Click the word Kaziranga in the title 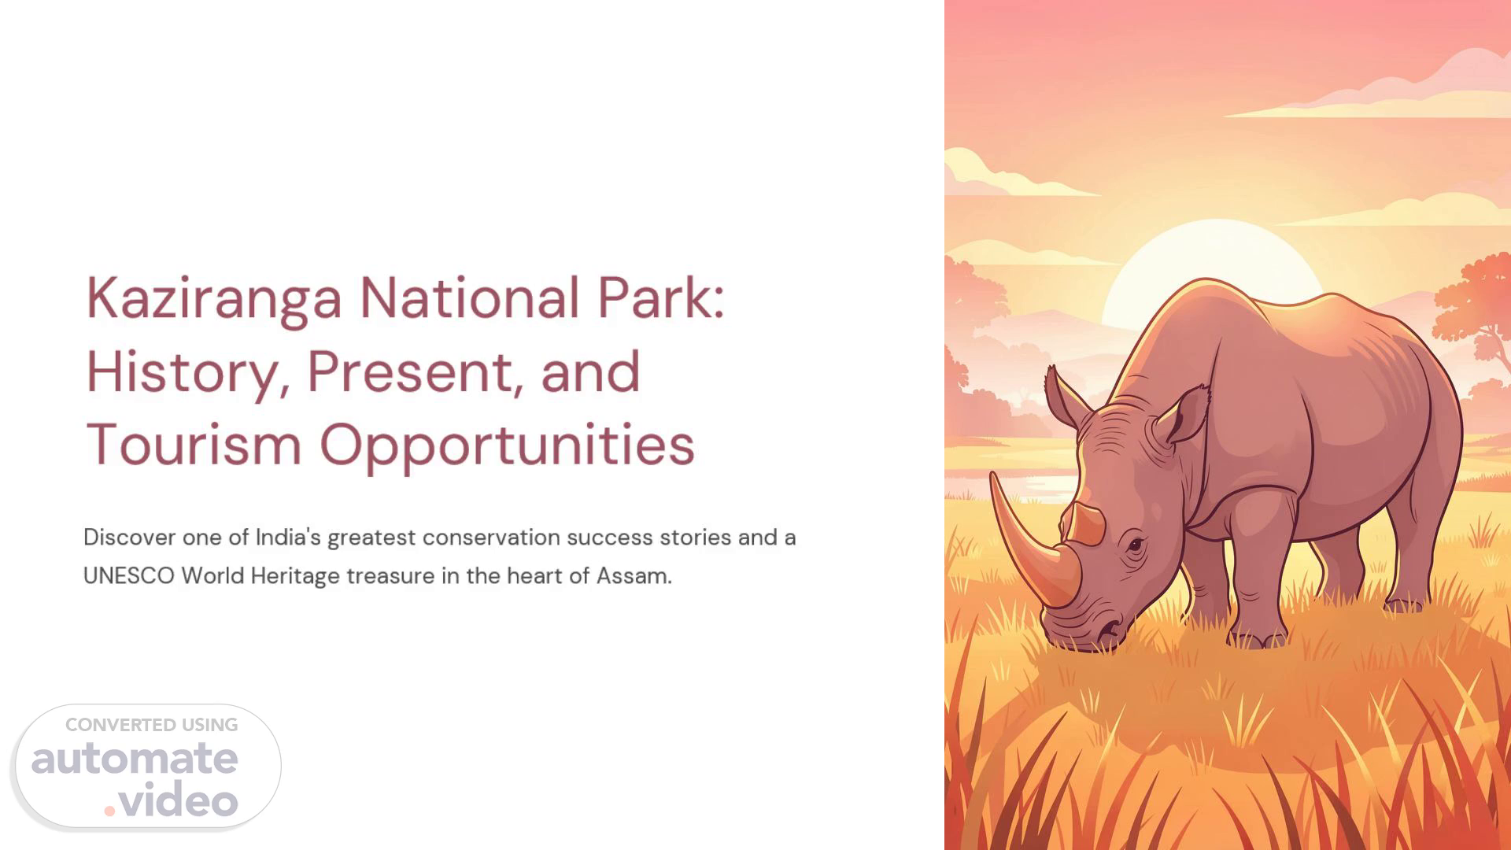[x=214, y=300]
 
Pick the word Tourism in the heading [x=194, y=444]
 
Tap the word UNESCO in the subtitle [x=129, y=576]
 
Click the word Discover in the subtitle [x=129, y=538]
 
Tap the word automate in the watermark [x=135, y=758]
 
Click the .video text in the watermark [x=171, y=801]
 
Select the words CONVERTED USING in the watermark [x=151, y=725]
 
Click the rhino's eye [x=1135, y=545]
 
